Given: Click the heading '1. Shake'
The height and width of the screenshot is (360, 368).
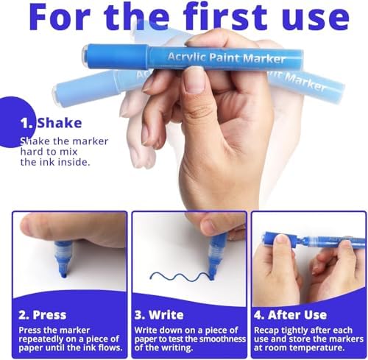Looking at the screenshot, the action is pyautogui.click(x=51, y=123).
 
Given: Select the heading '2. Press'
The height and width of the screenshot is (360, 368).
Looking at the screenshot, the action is pyautogui.click(x=43, y=315).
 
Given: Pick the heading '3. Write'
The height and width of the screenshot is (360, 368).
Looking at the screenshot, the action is pyautogui.click(x=159, y=315).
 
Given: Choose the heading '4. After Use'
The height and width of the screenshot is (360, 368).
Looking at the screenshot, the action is pyautogui.click(x=290, y=315).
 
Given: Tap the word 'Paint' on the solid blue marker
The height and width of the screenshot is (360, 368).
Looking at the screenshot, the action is pyautogui.click(x=224, y=57).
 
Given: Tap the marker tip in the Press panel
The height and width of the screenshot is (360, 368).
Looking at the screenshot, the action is pyautogui.click(x=64, y=273).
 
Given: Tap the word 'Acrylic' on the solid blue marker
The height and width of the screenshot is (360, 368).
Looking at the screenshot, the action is pyautogui.click(x=187, y=57).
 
